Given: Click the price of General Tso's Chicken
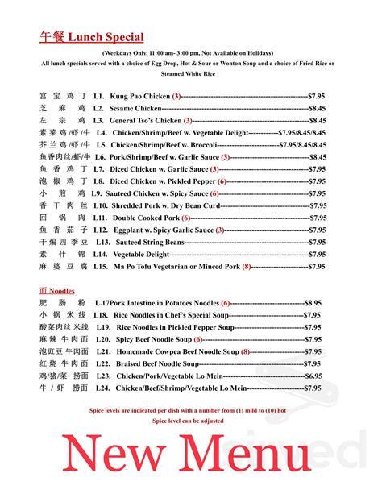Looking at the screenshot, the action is (x=317, y=120).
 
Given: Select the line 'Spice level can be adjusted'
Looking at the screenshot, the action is (x=191, y=421).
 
